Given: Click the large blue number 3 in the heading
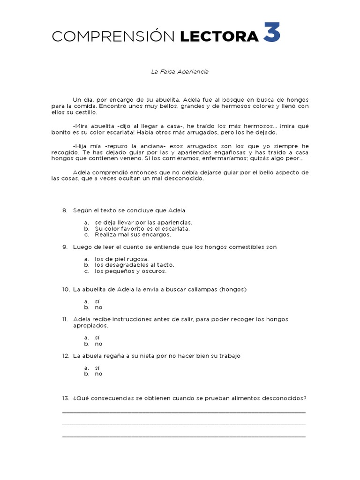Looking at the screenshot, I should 271,33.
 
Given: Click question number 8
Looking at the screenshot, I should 65,210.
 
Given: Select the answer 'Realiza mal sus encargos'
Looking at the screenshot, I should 133,234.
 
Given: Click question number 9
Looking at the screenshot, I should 65,247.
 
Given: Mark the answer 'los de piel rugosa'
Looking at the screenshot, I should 121,259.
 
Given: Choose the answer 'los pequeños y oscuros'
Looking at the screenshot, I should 130,271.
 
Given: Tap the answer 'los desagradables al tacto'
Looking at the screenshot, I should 134,265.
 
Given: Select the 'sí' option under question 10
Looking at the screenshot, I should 97,301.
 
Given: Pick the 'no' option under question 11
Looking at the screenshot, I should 98,344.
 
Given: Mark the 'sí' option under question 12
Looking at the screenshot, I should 97,368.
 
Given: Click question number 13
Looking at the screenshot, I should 66,398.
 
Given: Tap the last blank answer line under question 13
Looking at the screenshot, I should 183,436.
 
